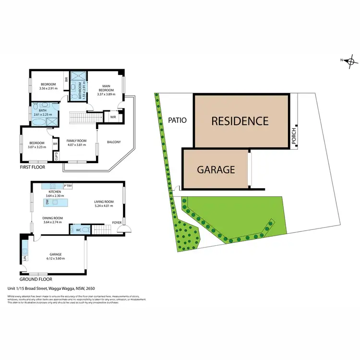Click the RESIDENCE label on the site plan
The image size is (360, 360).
(x=240, y=121)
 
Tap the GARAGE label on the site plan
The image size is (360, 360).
(x=216, y=169)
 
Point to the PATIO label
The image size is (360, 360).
(x=178, y=120)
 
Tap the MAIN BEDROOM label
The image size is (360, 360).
(x=106, y=89)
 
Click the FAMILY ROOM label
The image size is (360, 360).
(x=76, y=142)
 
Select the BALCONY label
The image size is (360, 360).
(x=114, y=142)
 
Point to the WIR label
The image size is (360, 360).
(x=113, y=117)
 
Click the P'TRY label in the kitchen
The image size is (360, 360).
(x=67, y=186)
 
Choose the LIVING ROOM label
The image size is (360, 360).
(x=104, y=202)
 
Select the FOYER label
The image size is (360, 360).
(x=117, y=222)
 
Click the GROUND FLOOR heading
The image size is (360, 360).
(x=36, y=279)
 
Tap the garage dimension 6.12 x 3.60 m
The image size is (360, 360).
(x=55, y=258)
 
